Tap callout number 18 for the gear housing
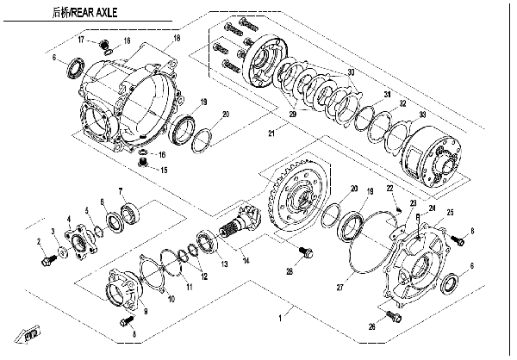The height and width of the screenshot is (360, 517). pyautogui.click(x=176, y=39)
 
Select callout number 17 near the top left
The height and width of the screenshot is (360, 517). pyautogui.click(x=81, y=40)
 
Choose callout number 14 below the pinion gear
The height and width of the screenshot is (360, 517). pyautogui.click(x=246, y=259)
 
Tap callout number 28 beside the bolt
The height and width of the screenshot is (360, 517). pyautogui.click(x=289, y=271)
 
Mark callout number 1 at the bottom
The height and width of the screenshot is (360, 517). pyautogui.click(x=277, y=318)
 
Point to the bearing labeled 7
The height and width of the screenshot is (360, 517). pyautogui.click(x=130, y=212)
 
